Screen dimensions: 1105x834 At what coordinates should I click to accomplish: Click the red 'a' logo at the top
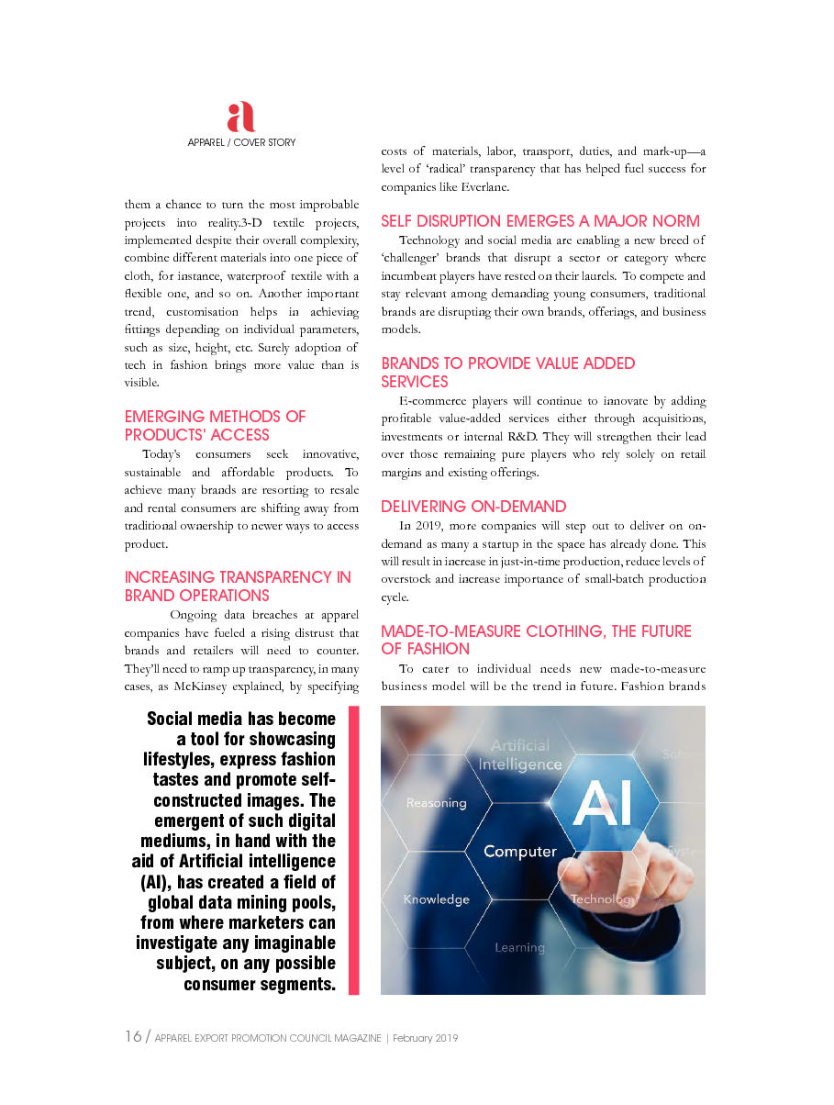240,117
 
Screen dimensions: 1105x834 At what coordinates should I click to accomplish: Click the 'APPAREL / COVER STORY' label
241,142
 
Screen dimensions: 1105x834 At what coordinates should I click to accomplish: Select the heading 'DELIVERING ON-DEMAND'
473,507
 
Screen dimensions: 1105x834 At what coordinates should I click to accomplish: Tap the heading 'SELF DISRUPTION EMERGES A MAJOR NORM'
540,221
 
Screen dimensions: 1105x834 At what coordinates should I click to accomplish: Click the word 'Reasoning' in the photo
436,803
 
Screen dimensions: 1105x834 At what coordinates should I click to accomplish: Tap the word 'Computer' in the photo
520,852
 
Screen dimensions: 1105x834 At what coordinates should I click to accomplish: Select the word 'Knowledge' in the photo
437,899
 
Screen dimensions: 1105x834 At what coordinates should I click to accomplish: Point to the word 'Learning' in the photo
520,947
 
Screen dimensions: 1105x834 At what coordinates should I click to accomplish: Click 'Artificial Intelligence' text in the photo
520,754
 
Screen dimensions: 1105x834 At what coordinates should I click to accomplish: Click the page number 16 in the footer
133,1036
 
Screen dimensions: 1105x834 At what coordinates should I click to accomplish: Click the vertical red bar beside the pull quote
353,850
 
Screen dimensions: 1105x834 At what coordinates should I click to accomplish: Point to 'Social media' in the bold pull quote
195,719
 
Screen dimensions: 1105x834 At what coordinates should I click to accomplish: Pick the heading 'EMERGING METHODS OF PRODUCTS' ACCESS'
215,426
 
